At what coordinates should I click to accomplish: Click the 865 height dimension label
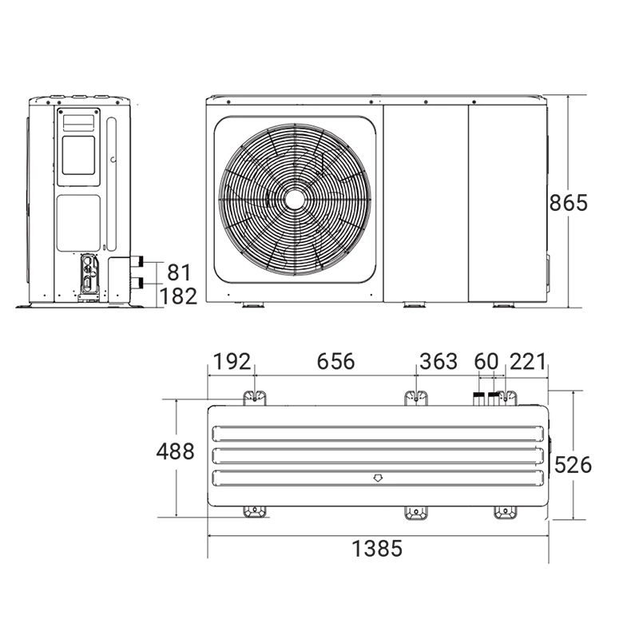(x=568, y=203)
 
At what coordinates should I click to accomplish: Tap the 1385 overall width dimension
(x=377, y=548)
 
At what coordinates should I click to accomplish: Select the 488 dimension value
(x=175, y=451)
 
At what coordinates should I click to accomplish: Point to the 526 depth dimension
(x=573, y=465)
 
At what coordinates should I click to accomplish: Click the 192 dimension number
(x=232, y=362)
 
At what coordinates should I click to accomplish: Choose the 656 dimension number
(x=335, y=362)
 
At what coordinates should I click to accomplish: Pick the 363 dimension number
(x=439, y=362)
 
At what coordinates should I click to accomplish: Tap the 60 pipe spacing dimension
(x=486, y=362)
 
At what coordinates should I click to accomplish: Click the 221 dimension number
(x=527, y=362)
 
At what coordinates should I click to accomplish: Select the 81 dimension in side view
(x=179, y=272)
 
